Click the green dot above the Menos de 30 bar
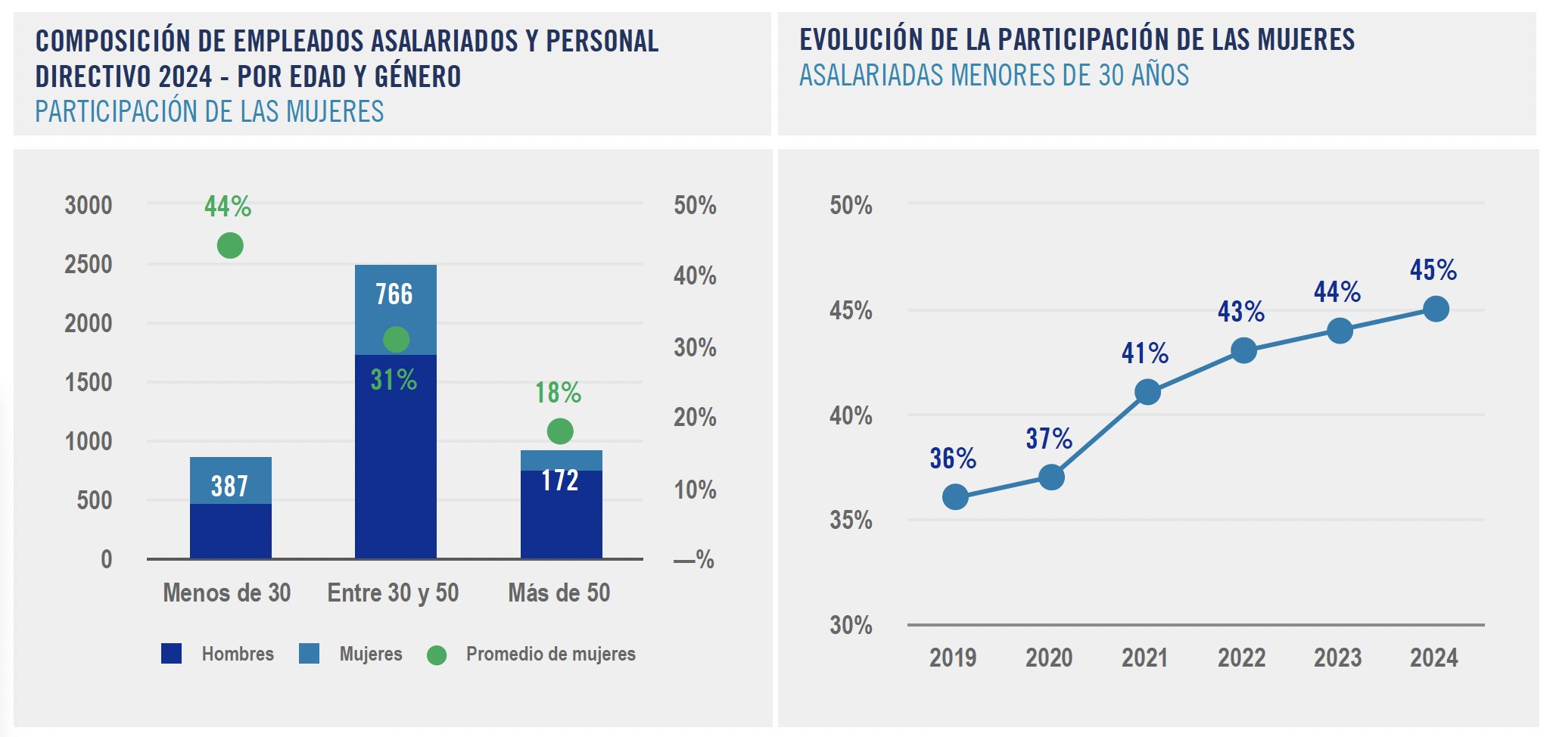[x=230, y=245]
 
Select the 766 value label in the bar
[x=394, y=294]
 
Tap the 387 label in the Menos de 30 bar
[x=229, y=486]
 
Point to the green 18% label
[x=558, y=393]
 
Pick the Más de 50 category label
[x=559, y=592]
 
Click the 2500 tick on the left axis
[x=88, y=264]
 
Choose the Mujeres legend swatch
[x=309, y=654]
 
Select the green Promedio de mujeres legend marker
[x=437, y=655]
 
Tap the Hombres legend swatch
[x=172, y=654]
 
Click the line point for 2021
[x=1147, y=392]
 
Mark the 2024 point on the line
[x=1436, y=309]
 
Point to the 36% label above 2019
[x=953, y=459]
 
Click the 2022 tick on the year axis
[x=1241, y=658]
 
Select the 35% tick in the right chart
[x=851, y=521]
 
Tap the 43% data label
[x=1240, y=312]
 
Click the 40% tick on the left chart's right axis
[x=695, y=275]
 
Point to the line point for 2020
[x=1051, y=477]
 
